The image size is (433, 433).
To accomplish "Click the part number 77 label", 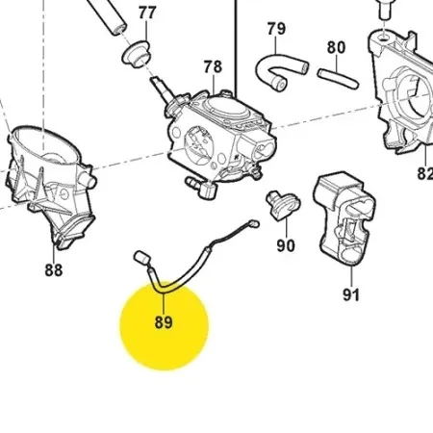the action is click(147, 13).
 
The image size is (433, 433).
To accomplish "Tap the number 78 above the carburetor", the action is click(213, 67).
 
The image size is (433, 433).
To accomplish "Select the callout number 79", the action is click(276, 29).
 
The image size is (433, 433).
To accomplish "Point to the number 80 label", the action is click(336, 47).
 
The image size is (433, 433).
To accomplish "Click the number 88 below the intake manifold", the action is click(54, 270).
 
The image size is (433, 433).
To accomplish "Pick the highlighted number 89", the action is click(164, 322).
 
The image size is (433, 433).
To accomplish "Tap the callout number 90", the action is click(286, 245).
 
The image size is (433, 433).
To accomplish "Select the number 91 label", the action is click(351, 294).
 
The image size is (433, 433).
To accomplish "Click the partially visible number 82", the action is click(425, 173).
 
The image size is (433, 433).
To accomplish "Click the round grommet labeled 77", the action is click(136, 55).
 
